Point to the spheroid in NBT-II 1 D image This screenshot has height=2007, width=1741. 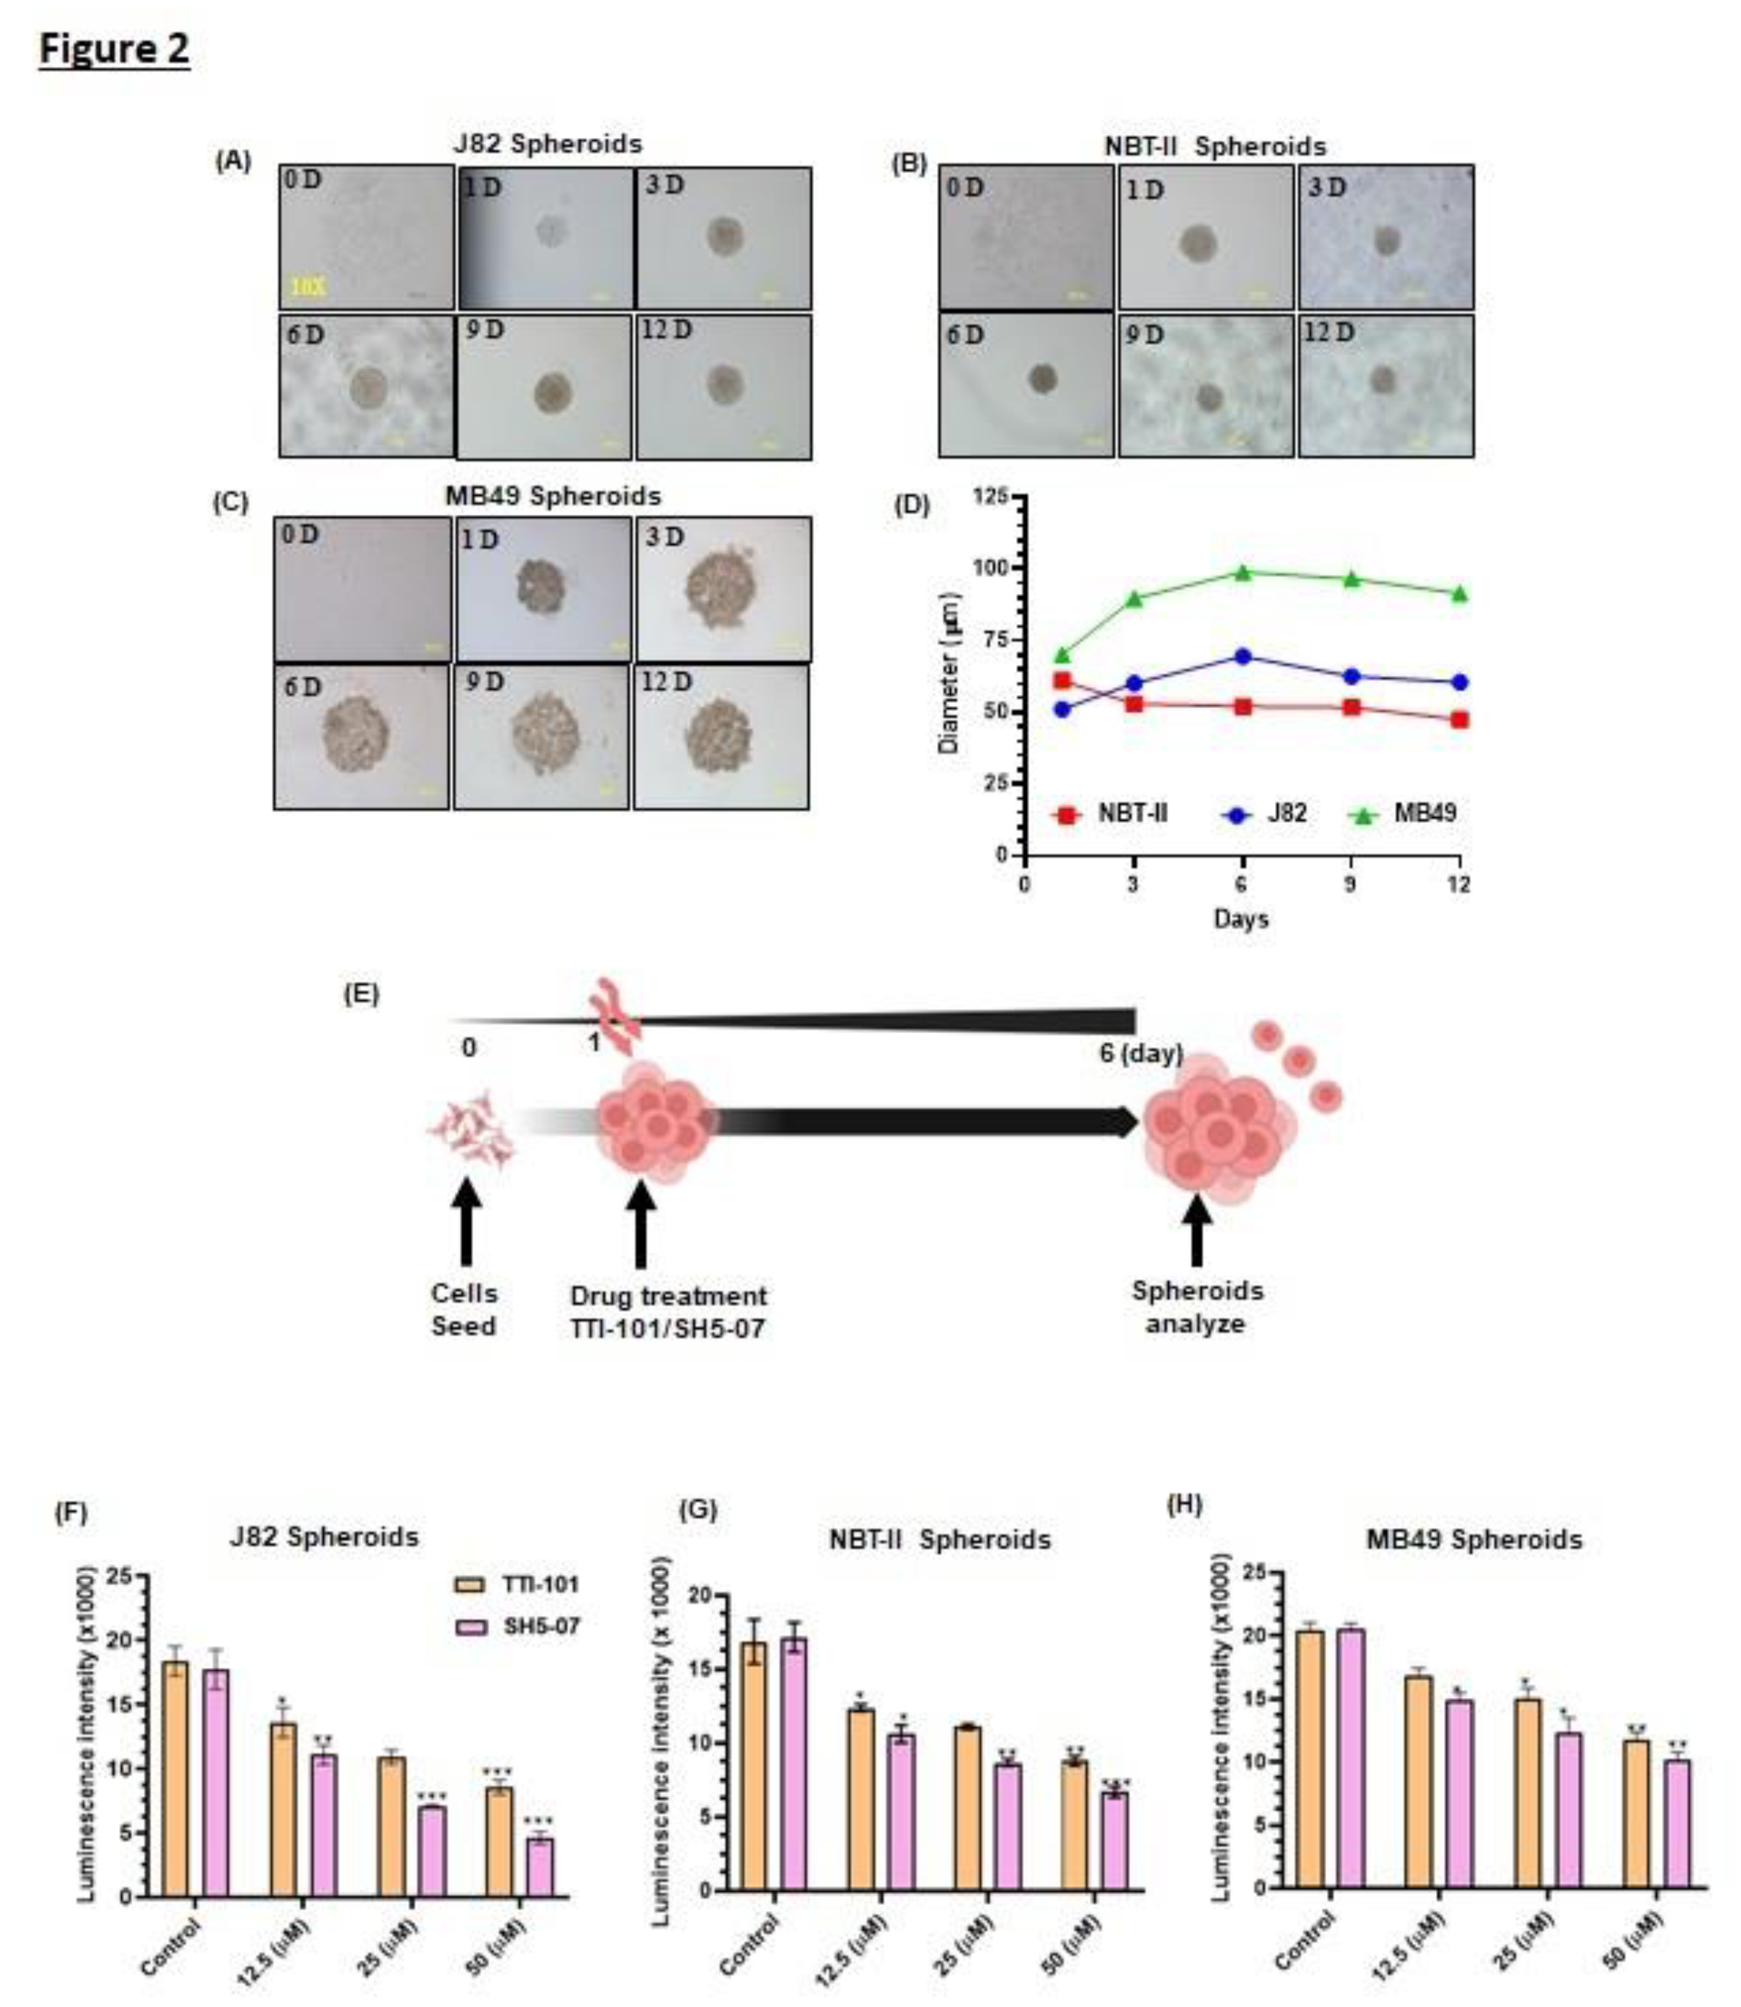point(1198,244)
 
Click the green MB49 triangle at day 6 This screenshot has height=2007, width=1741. point(1242,573)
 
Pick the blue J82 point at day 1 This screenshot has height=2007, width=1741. point(1062,709)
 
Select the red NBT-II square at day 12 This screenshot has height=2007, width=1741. point(1459,720)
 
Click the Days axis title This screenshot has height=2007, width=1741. point(1241,918)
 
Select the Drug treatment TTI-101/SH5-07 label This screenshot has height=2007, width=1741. point(668,1311)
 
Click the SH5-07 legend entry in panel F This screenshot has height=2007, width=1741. point(518,1626)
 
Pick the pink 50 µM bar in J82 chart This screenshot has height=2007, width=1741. point(540,1867)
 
